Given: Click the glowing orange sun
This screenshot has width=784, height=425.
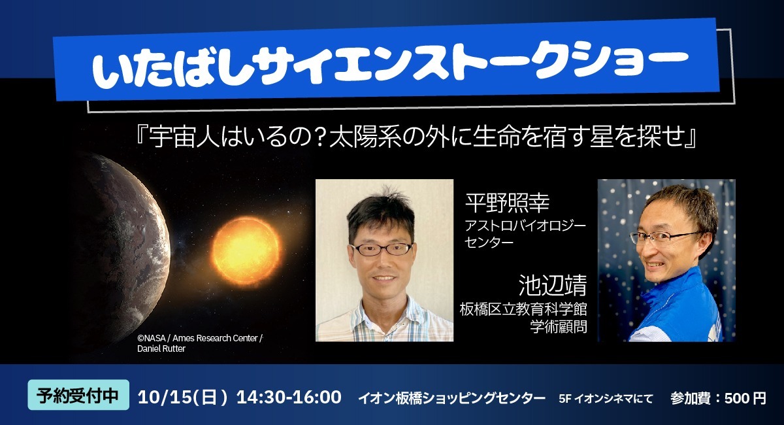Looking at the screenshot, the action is coord(246,250).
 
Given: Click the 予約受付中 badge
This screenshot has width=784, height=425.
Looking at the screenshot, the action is coord(78,395).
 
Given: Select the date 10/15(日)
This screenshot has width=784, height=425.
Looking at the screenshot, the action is coord(183,397).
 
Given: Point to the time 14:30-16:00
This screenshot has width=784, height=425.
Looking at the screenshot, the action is coord(289,397).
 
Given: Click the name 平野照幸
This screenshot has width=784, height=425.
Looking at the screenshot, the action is coord(507,203).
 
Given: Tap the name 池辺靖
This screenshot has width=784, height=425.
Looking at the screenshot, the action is coord(553,285).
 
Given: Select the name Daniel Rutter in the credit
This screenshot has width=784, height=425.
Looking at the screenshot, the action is coord(161,348).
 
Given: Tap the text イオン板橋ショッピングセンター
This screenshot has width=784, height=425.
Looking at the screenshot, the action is coord(451,398).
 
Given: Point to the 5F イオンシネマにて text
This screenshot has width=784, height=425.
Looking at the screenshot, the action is coord(606,399).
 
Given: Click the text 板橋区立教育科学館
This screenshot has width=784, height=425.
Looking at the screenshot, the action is coord(523,309).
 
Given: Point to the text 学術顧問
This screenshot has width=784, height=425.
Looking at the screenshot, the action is coord(559,326).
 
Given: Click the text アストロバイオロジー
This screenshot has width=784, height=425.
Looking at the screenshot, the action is coord(525,226).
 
